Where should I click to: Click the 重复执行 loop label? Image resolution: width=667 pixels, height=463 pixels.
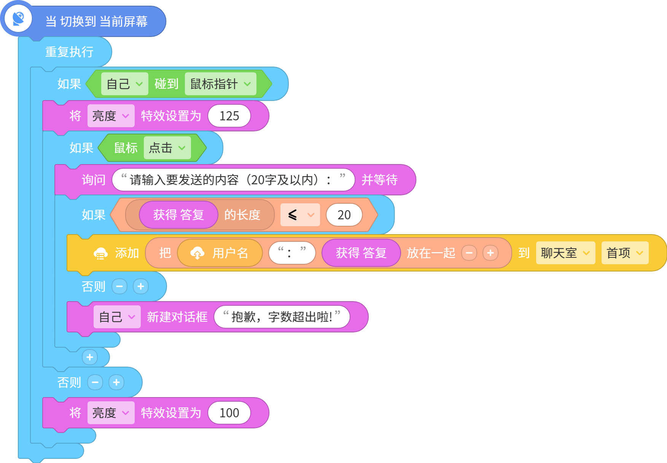click(x=69, y=52)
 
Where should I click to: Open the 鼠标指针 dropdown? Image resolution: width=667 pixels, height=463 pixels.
click(x=220, y=84)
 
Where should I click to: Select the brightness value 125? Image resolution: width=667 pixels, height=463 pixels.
click(x=229, y=116)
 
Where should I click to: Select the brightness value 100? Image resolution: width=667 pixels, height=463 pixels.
click(x=229, y=413)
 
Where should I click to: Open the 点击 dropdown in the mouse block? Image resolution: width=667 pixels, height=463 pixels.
click(x=167, y=148)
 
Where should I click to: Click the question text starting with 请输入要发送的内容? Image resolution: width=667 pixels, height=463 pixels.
click(x=233, y=180)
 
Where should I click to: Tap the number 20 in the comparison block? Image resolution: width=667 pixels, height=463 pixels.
click(x=344, y=215)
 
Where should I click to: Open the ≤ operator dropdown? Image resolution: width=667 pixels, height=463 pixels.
click(x=300, y=215)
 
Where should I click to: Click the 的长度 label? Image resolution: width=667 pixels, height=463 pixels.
click(x=242, y=215)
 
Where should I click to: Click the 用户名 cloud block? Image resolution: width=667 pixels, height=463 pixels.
click(x=220, y=253)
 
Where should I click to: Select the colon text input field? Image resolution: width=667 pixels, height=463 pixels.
click(x=292, y=253)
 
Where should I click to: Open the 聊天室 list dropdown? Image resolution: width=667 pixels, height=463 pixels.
click(x=565, y=253)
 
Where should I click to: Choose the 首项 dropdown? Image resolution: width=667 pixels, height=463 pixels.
click(x=625, y=253)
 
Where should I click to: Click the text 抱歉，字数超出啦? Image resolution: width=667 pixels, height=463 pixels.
click(x=282, y=317)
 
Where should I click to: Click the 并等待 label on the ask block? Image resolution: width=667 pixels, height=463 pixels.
click(x=379, y=180)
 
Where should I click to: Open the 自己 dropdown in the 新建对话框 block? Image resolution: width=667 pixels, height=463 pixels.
click(x=117, y=317)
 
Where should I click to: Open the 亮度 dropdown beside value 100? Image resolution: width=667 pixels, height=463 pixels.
click(x=111, y=413)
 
